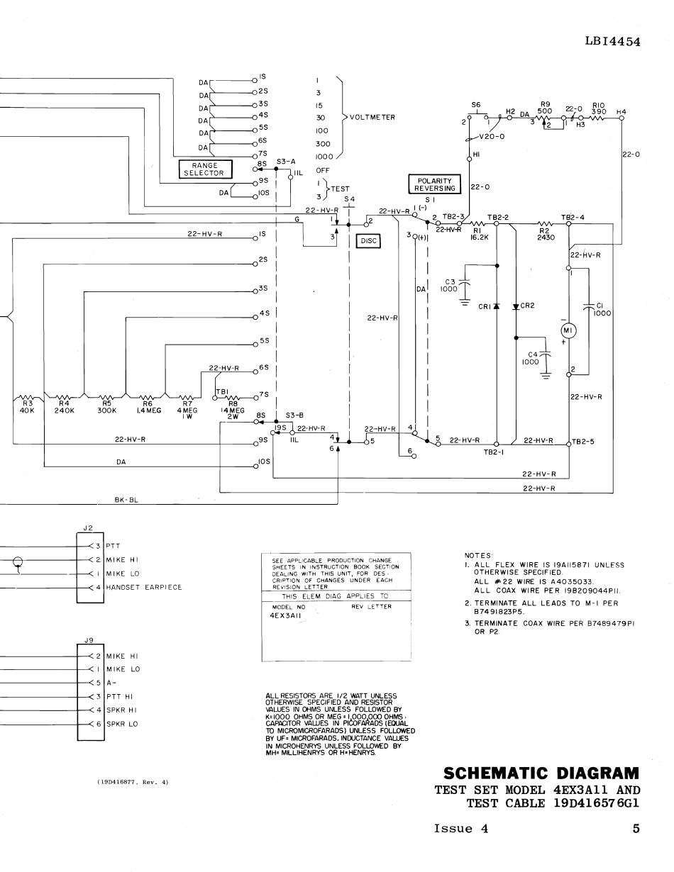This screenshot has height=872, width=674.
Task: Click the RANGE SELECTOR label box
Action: [x=204, y=169]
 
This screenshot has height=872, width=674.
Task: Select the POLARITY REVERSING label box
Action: [x=435, y=184]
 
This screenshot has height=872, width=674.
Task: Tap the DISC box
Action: [x=368, y=241]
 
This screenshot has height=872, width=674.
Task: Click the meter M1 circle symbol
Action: [x=568, y=331]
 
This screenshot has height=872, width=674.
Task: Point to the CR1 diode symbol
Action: [x=497, y=306]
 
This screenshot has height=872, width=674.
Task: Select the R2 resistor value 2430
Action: [x=545, y=237]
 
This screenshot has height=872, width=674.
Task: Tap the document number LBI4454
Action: [x=612, y=41]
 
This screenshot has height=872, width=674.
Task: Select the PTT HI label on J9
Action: [x=121, y=696]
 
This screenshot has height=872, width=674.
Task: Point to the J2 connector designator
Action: [x=88, y=527]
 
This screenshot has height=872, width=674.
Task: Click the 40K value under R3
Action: [x=27, y=410]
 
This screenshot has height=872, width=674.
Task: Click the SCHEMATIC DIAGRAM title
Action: [x=541, y=772]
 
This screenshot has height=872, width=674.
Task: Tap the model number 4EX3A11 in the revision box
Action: [x=287, y=616]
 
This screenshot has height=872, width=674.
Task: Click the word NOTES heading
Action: [x=477, y=555]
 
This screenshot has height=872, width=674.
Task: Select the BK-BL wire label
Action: [x=126, y=500]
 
